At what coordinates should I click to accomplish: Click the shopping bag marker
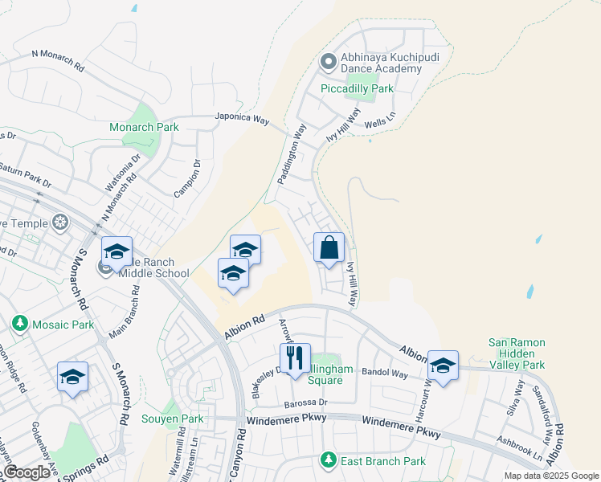329,247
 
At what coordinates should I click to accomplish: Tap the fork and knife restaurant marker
295,357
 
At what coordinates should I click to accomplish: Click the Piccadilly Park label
358,88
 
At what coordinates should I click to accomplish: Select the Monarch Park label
144,127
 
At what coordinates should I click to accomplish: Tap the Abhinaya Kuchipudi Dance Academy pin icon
327,61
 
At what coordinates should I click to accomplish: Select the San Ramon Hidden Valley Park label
517,353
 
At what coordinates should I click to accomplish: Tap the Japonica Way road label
241,118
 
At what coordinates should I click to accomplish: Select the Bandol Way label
385,374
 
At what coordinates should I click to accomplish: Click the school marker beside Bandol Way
443,366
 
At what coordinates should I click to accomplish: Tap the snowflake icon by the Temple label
59,223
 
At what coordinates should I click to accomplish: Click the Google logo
27,472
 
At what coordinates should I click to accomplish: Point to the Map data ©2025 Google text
550,476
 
